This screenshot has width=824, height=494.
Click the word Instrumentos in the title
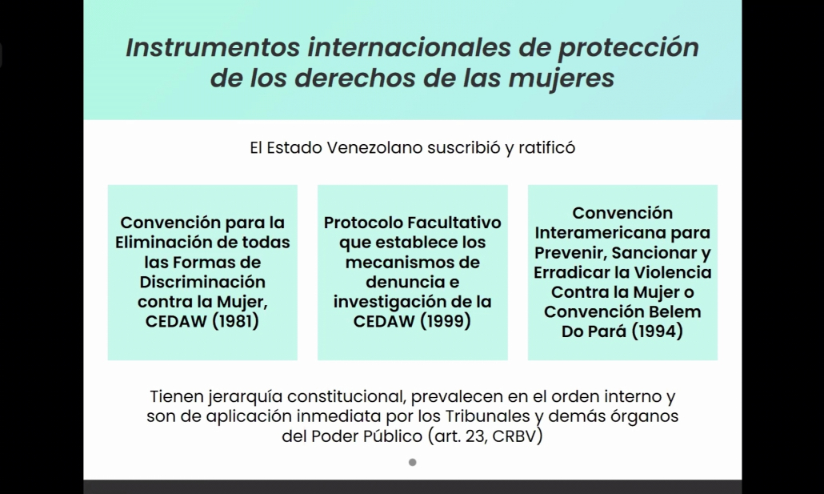coord(213,47)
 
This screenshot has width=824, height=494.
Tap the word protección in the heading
coord(629,48)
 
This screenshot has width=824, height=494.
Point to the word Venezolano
coord(374,148)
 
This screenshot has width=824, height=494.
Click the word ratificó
coord(546,148)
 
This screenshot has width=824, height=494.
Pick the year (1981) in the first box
coord(235,321)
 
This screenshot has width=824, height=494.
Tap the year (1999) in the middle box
coord(445,321)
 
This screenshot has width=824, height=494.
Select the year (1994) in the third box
coord(657,331)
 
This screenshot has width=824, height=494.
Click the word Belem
coord(674,311)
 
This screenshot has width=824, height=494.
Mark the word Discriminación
coord(202,282)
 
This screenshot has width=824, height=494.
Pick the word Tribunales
coord(488,416)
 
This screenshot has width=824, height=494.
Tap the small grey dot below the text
coord(413,463)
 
